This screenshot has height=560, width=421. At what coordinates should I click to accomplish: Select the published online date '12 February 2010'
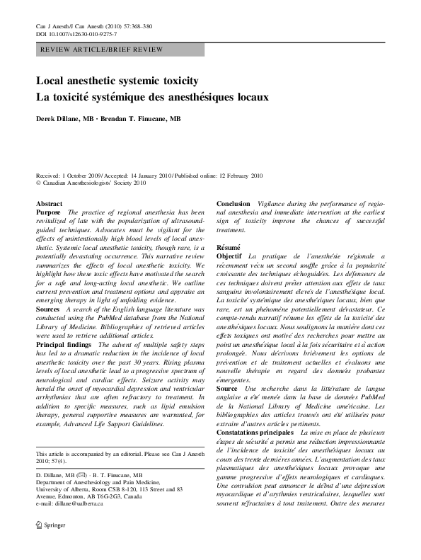(236, 175)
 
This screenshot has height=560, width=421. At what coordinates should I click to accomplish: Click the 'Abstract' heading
(49, 204)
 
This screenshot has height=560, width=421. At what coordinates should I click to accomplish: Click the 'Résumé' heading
(229, 247)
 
